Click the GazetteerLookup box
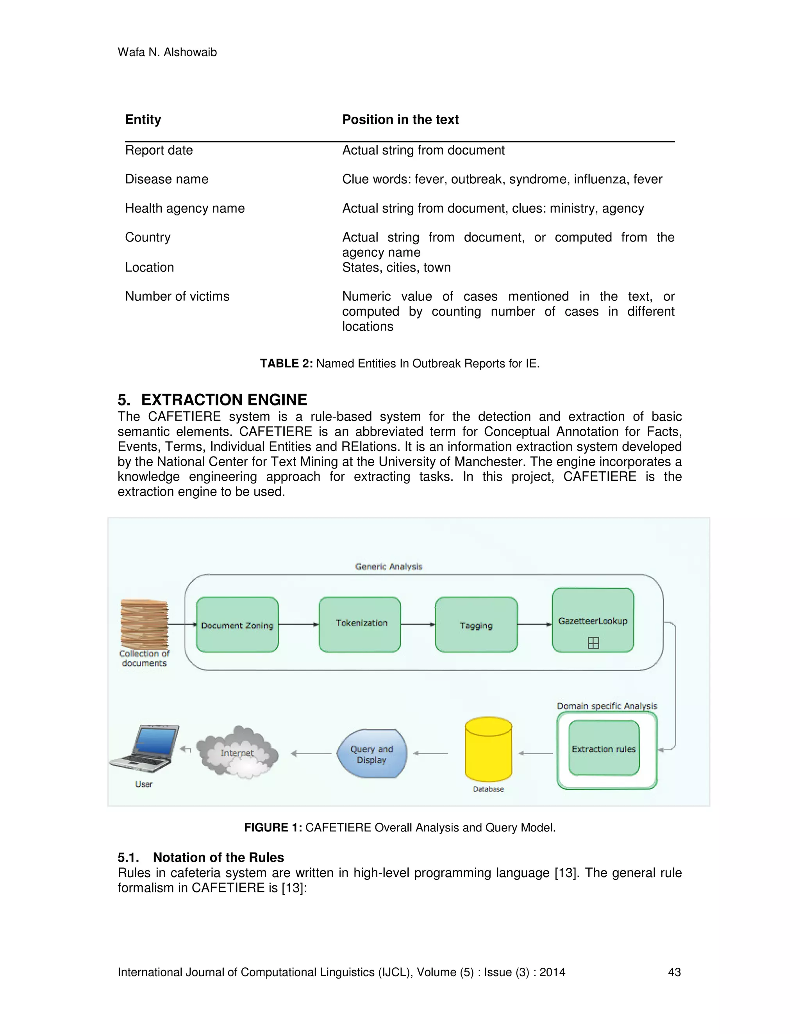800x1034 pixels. coord(593,620)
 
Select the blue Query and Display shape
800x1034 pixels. coord(371,754)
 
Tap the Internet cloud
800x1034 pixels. coord(237,753)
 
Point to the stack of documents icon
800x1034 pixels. coord(144,624)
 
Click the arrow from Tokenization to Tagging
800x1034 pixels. coord(418,624)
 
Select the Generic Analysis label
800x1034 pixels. coord(389,566)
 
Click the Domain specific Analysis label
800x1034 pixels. coord(607,706)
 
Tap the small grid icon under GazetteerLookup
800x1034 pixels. coord(593,643)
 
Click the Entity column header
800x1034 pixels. coord(143,119)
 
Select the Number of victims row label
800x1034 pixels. coord(177,297)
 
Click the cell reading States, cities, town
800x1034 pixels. coord(396,268)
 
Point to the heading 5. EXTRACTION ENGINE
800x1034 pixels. coord(212,400)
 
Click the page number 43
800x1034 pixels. coord(674,972)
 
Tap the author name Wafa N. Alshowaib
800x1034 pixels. coord(167,52)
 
